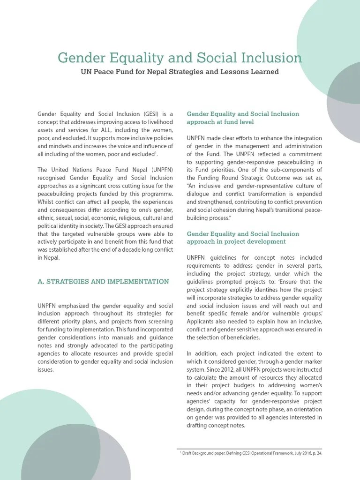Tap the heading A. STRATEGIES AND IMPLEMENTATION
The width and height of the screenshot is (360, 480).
coord(103,282)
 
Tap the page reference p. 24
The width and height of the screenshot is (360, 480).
coord(315,454)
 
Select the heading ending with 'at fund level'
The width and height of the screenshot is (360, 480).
coord(243,118)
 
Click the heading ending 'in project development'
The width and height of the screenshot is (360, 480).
coord(243,238)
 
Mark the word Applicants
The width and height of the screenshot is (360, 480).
coord(202,322)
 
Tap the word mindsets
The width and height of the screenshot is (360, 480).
coord(59,146)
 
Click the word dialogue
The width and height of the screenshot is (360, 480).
coord(199,194)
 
